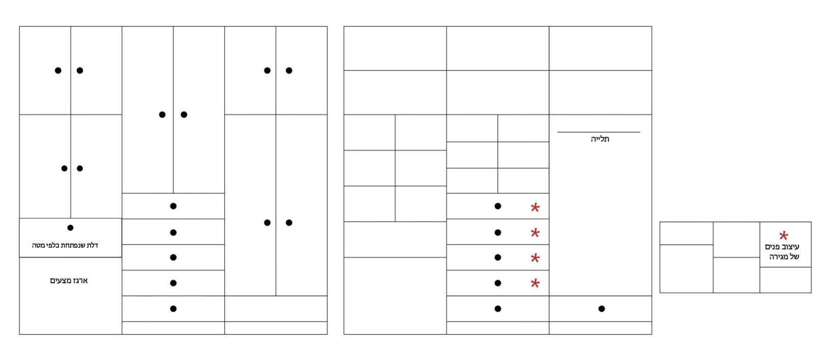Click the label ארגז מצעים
69,281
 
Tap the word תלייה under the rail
600,139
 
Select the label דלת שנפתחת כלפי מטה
65,245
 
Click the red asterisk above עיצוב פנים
783,235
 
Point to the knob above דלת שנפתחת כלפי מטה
71,228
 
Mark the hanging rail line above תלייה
598,132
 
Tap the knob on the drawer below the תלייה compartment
602,309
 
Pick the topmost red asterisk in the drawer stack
535,207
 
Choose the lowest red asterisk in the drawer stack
535,283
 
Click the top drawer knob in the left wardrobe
173,206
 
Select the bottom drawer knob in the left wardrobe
173,309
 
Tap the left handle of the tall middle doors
162,115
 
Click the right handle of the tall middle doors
184,115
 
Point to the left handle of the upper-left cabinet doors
58,71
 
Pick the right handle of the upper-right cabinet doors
289,71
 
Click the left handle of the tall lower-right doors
267,223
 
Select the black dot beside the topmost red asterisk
498,206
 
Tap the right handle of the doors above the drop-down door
80,168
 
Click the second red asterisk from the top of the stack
535,232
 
